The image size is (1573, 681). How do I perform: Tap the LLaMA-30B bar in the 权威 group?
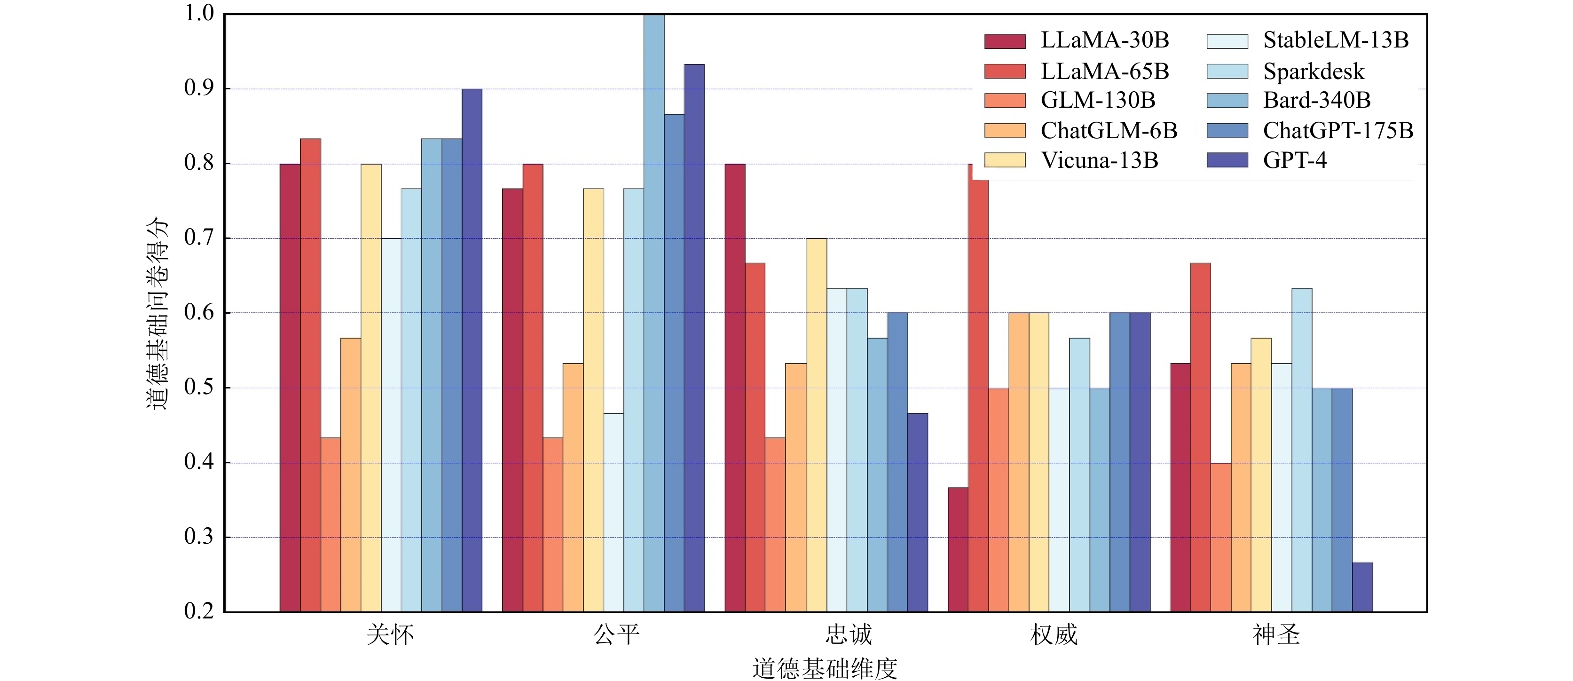click(958, 550)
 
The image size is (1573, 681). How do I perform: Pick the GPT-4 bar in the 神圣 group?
click(1362, 587)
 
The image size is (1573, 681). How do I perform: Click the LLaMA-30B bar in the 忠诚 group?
click(735, 388)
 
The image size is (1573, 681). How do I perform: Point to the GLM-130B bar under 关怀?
click(330, 525)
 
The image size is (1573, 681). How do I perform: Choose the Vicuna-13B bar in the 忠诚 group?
click(817, 425)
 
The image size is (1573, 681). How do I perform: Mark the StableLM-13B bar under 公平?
click(613, 513)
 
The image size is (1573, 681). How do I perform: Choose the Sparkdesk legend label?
click(1313, 71)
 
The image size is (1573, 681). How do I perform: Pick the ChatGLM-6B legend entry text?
click(1109, 131)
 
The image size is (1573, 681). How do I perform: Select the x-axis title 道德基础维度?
click(825, 669)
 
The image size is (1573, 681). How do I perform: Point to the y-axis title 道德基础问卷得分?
click(157, 313)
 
